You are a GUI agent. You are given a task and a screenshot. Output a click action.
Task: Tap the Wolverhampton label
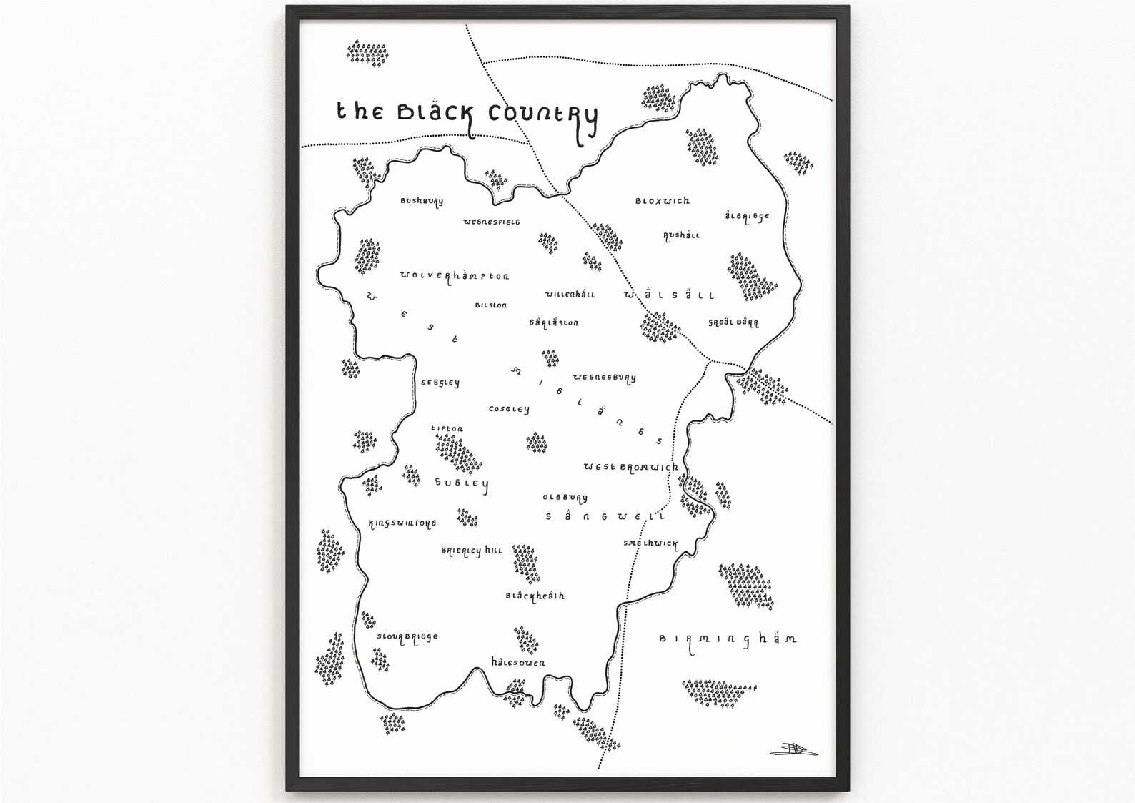click(x=455, y=276)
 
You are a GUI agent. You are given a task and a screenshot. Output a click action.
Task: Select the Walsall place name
click(x=669, y=295)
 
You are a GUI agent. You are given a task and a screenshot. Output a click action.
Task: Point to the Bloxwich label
click(x=663, y=201)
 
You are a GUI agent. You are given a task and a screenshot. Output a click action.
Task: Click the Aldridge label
click(x=747, y=216)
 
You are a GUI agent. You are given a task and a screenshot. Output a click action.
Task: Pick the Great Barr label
click(x=733, y=322)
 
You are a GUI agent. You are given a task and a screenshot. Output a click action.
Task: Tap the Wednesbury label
click(x=604, y=378)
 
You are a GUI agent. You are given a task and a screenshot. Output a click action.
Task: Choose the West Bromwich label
click(x=630, y=467)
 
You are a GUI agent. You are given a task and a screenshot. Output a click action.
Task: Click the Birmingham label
click(x=728, y=639)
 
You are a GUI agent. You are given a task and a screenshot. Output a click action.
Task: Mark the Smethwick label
click(x=650, y=543)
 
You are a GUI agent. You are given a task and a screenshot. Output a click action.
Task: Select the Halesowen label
click(x=518, y=662)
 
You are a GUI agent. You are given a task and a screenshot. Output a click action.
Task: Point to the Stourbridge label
click(x=407, y=637)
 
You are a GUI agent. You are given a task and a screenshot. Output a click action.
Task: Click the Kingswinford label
click(x=402, y=523)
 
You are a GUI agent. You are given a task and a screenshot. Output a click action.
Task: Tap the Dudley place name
click(x=462, y=483)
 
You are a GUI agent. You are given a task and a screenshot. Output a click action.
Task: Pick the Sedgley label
click(x=440, y=383)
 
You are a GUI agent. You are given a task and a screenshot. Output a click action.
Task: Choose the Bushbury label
click(x=422, y=202)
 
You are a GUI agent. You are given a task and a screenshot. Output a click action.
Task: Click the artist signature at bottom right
click(x=793, y=749)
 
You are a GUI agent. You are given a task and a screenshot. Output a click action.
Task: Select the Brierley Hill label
click(x=472, y=551)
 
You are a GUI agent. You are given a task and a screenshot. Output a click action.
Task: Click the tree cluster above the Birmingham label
click(x=745, y=585)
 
